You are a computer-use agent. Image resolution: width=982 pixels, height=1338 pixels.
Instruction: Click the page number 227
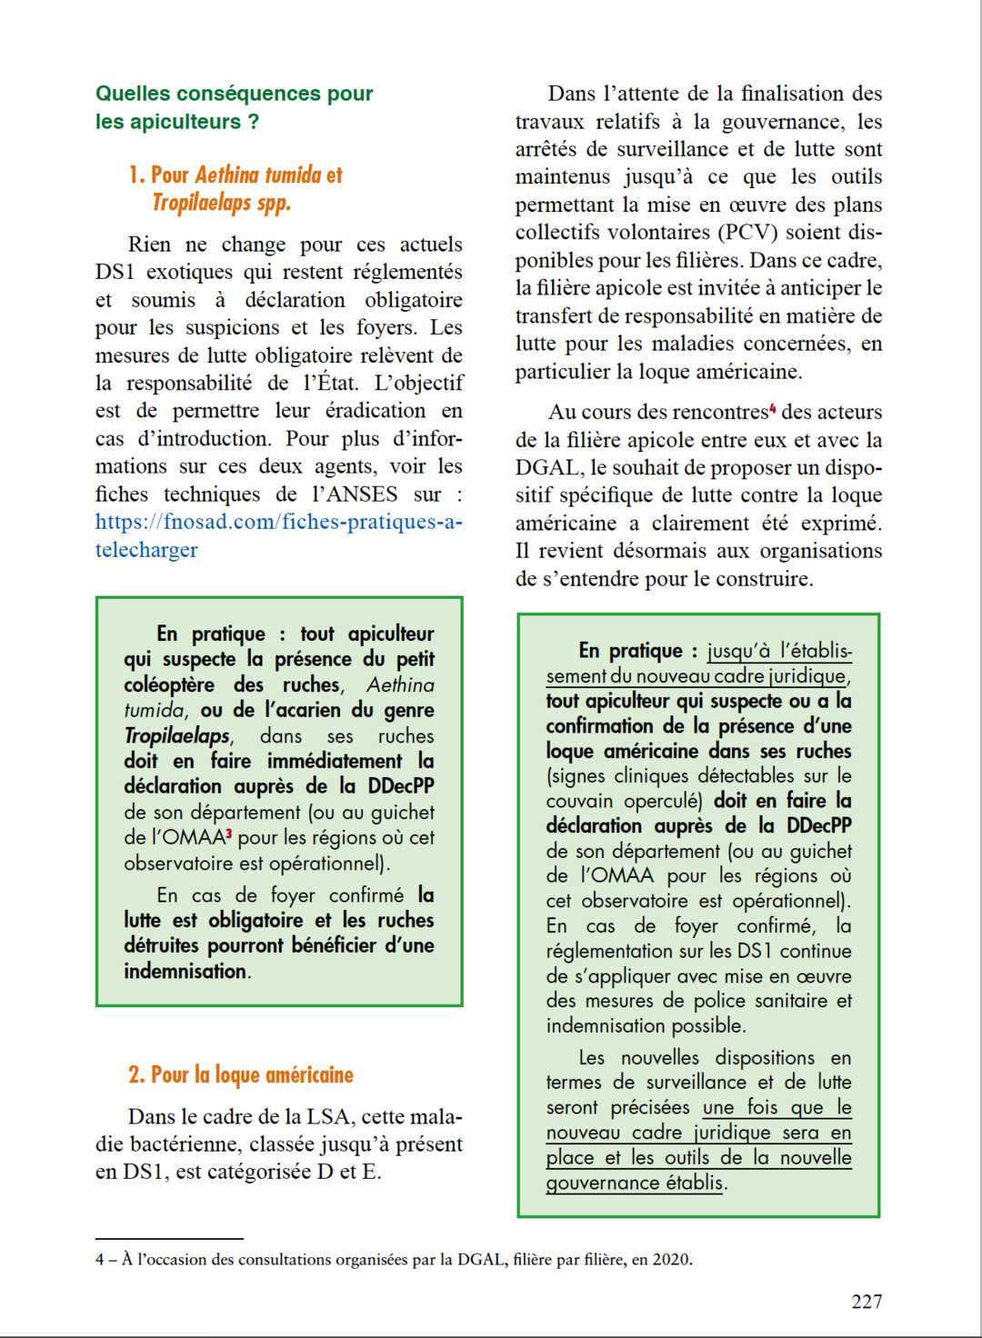point(867,1301)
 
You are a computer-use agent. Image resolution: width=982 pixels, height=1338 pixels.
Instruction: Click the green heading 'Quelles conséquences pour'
point(234,94)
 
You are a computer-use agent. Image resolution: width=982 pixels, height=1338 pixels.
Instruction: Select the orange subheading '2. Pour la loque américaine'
point(241,1075)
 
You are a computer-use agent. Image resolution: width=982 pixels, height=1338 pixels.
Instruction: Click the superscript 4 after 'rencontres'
point(773,408)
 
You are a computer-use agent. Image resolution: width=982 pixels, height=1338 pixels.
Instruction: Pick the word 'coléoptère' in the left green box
point(169,684)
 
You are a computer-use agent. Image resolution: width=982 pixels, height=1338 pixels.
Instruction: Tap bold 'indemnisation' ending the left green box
point(185,971)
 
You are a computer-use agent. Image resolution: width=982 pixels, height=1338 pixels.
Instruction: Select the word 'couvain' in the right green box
point(579,801)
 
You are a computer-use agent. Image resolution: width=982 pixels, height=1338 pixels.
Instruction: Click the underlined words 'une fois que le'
point(777,1107)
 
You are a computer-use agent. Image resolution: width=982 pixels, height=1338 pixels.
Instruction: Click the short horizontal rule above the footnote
point(169,1238)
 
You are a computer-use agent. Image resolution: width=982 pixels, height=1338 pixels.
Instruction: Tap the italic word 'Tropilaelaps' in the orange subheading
point(204,203)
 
